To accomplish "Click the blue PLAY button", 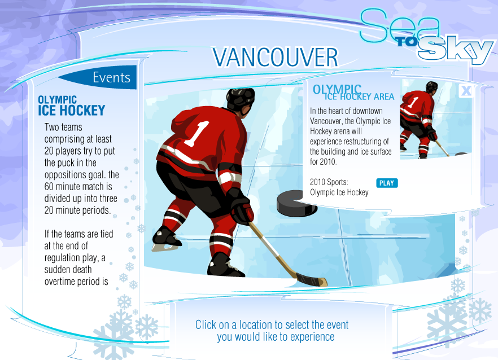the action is (387, 183).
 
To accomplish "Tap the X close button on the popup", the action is (466, 91).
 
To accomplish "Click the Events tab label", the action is (111, 77).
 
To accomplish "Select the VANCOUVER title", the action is (276, 58).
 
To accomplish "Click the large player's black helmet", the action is (240, 98).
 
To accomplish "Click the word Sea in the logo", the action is (400, 25).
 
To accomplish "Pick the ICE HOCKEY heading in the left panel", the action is (72, 111).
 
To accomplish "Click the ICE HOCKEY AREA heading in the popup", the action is (359, 96).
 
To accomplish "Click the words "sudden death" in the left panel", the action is (68, 270).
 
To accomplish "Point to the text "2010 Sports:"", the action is (329, 182).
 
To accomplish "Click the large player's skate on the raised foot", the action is (166, 239).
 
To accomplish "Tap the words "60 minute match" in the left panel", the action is (75, 186).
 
